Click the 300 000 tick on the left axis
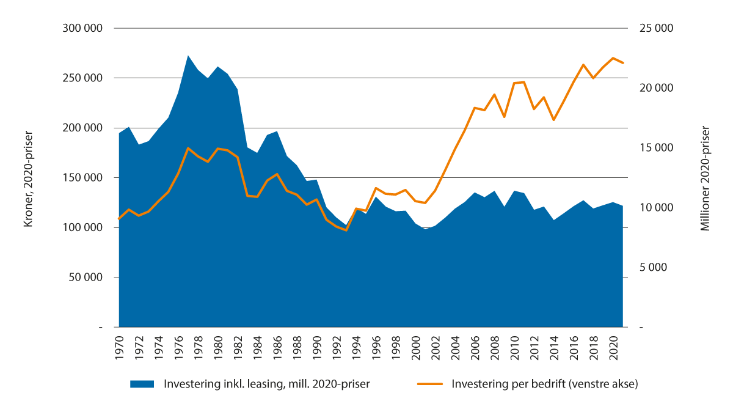(82, 29)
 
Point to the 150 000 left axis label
(82, 178)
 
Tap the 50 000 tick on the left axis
(86, 278)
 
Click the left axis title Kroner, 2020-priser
(27, 178)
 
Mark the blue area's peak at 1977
(188, 56)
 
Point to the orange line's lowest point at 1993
(346, 230)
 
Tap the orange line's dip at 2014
(553, 120)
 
